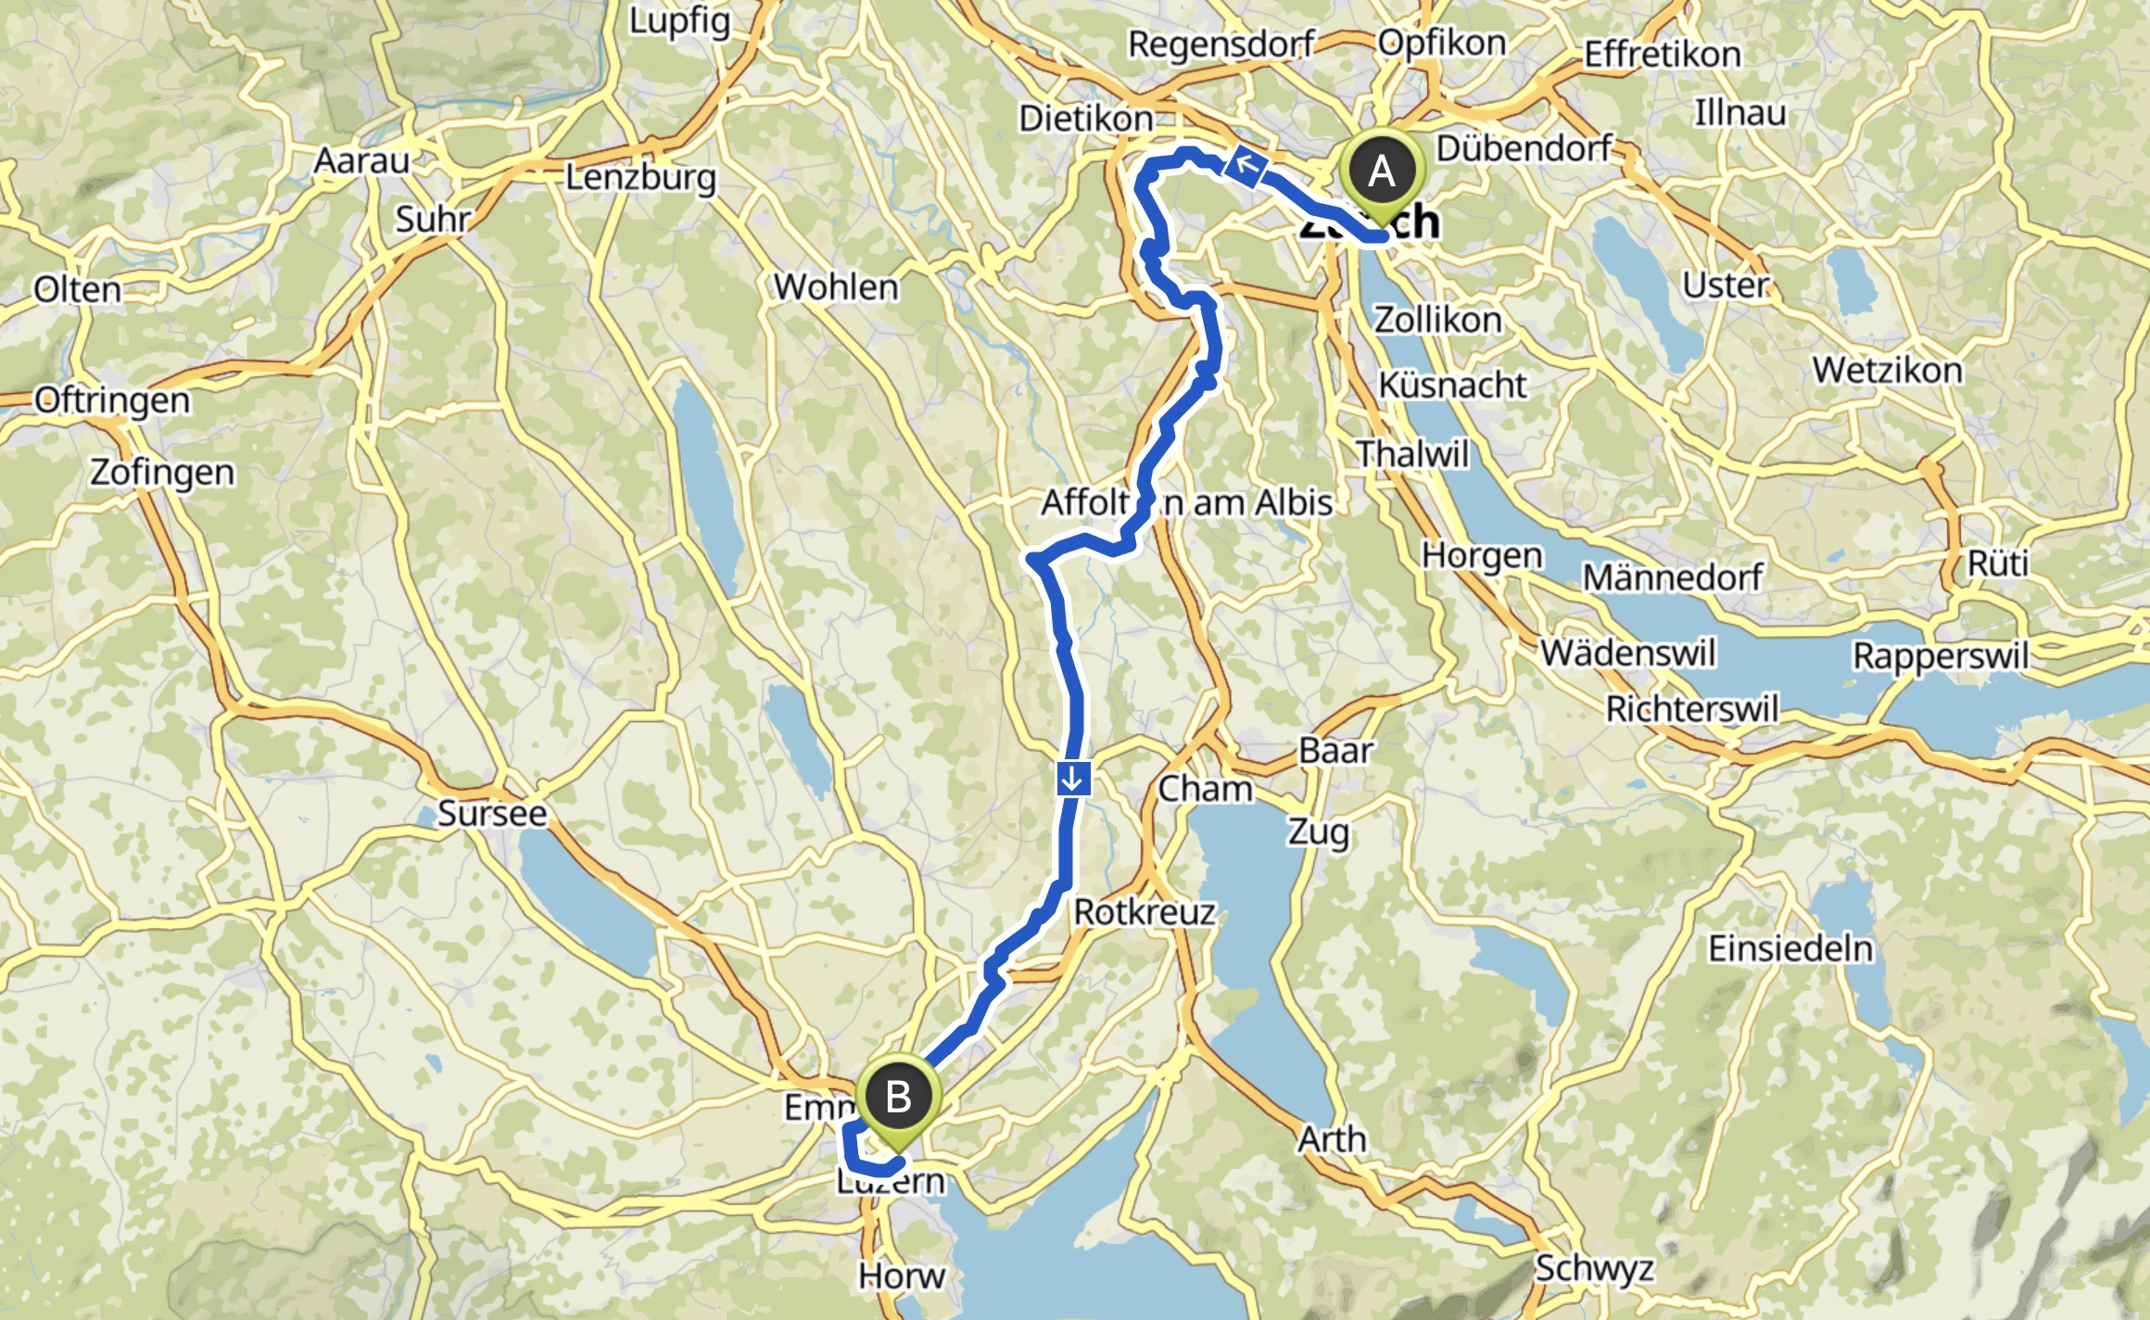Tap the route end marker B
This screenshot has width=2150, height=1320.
pyautogui.click(x=897, y=1098)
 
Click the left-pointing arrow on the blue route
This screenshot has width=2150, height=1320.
pyautogui.click(x=1246, y=166)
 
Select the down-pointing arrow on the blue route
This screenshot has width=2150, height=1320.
pyautogui.click(x=1072, y=778)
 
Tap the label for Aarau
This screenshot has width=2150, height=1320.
pyautogui.click(x=361, y=161)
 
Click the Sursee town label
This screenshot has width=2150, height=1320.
pyautogui.click(x=492, y=813)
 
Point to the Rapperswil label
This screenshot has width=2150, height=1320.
pyautogui.click(x=1941, y=655)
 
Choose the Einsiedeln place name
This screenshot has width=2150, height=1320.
pyautogui.click(x=1790, y=948)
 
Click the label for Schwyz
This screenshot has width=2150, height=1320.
pyautogui.click(x=1594, y=1267)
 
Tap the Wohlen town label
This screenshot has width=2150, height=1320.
pyautogui.click(x=836, y=287)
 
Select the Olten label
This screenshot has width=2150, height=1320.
pyautogui.click(x=78, y=290)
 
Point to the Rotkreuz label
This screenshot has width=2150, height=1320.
pyautogui.click(x=1145, y=912)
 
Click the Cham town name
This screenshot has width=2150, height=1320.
pyautogui.click(x=1205, y=789)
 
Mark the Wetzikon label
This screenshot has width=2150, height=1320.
pyautogui.click(x=1888, y=371)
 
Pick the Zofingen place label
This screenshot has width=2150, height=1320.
pyautogui.click(x=162, y=473)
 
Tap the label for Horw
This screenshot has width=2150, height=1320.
pyautogui.click(x=902, y=1276)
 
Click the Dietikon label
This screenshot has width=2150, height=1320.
pyautogui.click(x=1086, y=119)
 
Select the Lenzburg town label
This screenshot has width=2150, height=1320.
pyautogui.click(x=641, y=177)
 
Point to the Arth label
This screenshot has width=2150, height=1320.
pyautogui.click(x=1332, y=1138)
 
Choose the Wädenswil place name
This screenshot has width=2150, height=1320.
pyautogui.click(x=1628, y=653)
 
